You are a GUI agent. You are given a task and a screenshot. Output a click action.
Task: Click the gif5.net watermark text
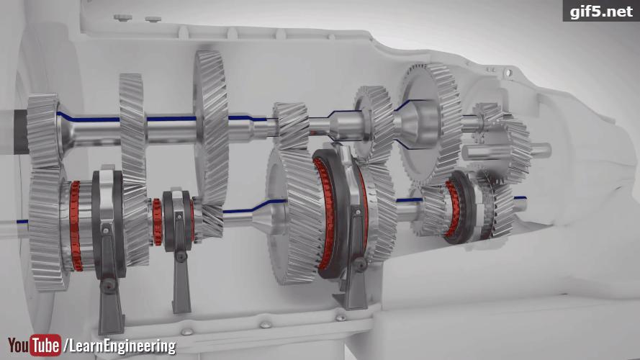point(601,11)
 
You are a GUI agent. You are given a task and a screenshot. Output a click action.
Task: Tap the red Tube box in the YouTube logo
point(46,346)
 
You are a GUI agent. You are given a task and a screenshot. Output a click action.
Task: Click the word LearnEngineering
point(122,346)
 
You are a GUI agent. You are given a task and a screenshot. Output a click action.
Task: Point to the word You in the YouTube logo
point(19,345)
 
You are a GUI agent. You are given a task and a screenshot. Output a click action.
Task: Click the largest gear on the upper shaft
point(212,127)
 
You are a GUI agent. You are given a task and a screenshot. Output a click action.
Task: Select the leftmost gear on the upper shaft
point(44,130)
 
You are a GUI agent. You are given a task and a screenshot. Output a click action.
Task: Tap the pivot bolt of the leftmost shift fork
point(108,284)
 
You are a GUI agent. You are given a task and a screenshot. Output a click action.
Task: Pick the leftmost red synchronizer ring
point(75,226)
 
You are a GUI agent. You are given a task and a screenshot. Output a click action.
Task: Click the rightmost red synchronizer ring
point(451,209)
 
